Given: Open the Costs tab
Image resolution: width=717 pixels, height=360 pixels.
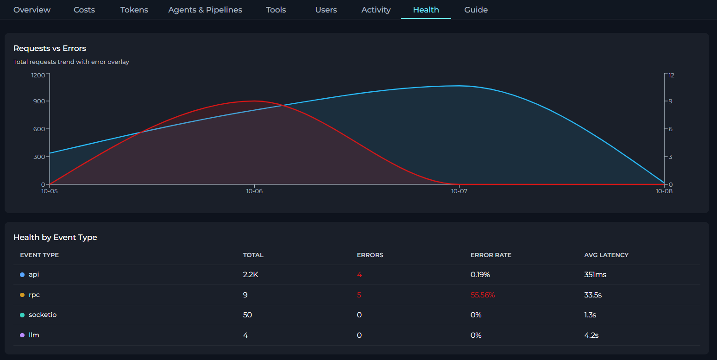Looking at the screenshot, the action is [x=84, y=10].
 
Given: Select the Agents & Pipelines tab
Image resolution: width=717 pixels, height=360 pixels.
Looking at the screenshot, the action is [x=205, y=10].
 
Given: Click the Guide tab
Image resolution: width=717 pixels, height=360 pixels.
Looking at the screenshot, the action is [x=476, y=10].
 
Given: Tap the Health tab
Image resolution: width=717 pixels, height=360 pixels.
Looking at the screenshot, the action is [x=426, y=10].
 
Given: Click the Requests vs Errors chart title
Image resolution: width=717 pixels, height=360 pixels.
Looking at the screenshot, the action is [x=50, y=48].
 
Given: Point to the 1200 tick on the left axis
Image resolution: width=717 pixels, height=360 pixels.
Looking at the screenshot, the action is [x=38, y=75].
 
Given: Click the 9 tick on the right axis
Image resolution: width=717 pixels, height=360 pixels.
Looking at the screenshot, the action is [x=670, y=101].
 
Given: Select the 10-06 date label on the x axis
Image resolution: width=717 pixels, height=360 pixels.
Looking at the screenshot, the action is [x=254, y=191].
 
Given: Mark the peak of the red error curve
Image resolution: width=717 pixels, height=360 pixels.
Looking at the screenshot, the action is [x=254, y=101].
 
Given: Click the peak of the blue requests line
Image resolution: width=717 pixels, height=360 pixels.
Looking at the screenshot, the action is [x=459, y=86].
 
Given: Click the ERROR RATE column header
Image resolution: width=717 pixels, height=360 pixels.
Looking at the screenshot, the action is [x=491, y=255].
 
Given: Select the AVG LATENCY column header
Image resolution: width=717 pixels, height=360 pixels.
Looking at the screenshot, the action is [x=606, y=255].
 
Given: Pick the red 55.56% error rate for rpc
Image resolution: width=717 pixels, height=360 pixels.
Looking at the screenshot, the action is [x=483, y=295].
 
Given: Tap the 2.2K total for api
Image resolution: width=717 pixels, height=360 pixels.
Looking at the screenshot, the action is [x=251, y=274].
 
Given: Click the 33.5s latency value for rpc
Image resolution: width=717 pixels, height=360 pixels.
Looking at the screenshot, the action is [x=593, y=295].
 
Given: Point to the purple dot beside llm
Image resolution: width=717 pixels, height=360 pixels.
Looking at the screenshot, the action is [x=22, y=335].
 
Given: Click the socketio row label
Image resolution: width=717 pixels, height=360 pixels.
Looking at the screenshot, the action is [x=43, y=315].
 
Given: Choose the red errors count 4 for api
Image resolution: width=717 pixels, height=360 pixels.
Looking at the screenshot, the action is [x=359, y=274].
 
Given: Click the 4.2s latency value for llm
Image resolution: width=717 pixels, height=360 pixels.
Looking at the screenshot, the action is [x=591, y=335].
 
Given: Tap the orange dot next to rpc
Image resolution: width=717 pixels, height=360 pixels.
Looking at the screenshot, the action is [x=22, y=295].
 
